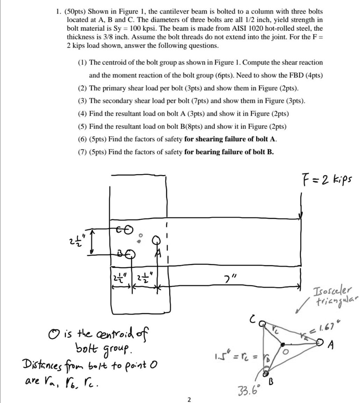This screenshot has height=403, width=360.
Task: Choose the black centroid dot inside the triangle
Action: point(282,344)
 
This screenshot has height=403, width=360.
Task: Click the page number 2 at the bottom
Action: point(189,399)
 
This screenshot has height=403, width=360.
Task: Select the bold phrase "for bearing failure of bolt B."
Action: point(229,152)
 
